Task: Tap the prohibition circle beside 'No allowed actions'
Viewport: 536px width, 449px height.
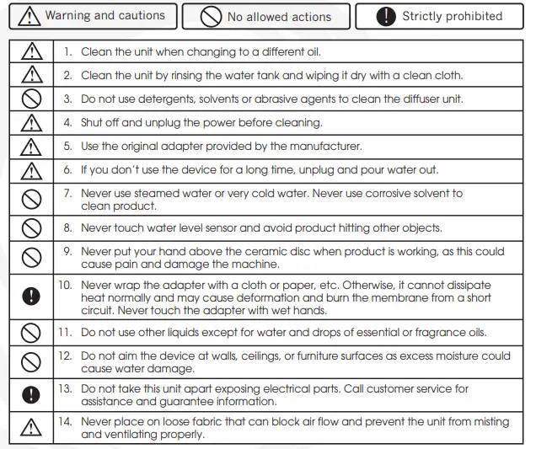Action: (212, 16)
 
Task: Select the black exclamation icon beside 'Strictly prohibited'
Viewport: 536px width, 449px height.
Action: (386, 16)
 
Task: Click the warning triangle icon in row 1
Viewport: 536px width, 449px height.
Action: (29, 52)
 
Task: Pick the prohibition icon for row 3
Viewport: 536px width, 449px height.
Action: (29, 99)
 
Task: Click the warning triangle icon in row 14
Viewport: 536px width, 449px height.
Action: (29, 428)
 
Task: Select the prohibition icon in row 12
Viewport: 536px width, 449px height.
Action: (29, 363)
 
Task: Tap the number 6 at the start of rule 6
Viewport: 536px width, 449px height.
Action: (68, 170)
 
